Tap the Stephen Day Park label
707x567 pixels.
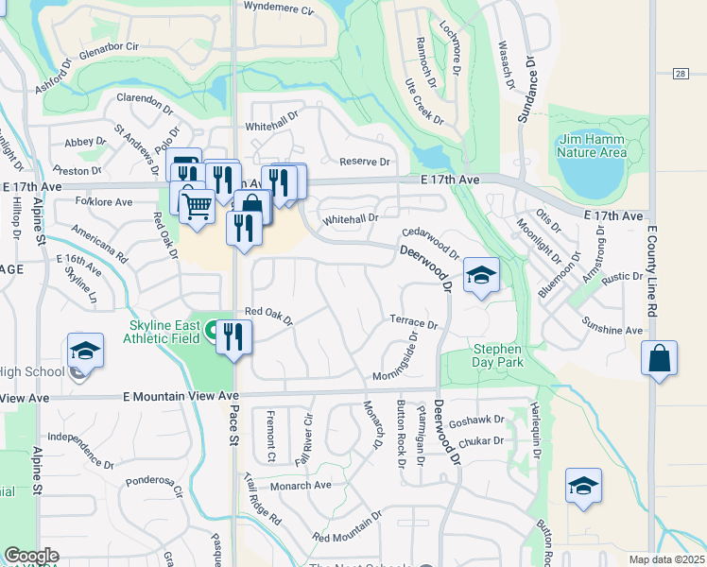[498, 355]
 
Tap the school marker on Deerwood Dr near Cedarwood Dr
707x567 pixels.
[481, 276]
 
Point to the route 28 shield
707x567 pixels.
[680, 73]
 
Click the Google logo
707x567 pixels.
[31, 556]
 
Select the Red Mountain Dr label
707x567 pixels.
[346, 527]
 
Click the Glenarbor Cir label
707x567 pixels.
[110, 46]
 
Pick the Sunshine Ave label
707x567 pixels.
[612, 330]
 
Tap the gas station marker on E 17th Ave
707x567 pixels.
[185, 170]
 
